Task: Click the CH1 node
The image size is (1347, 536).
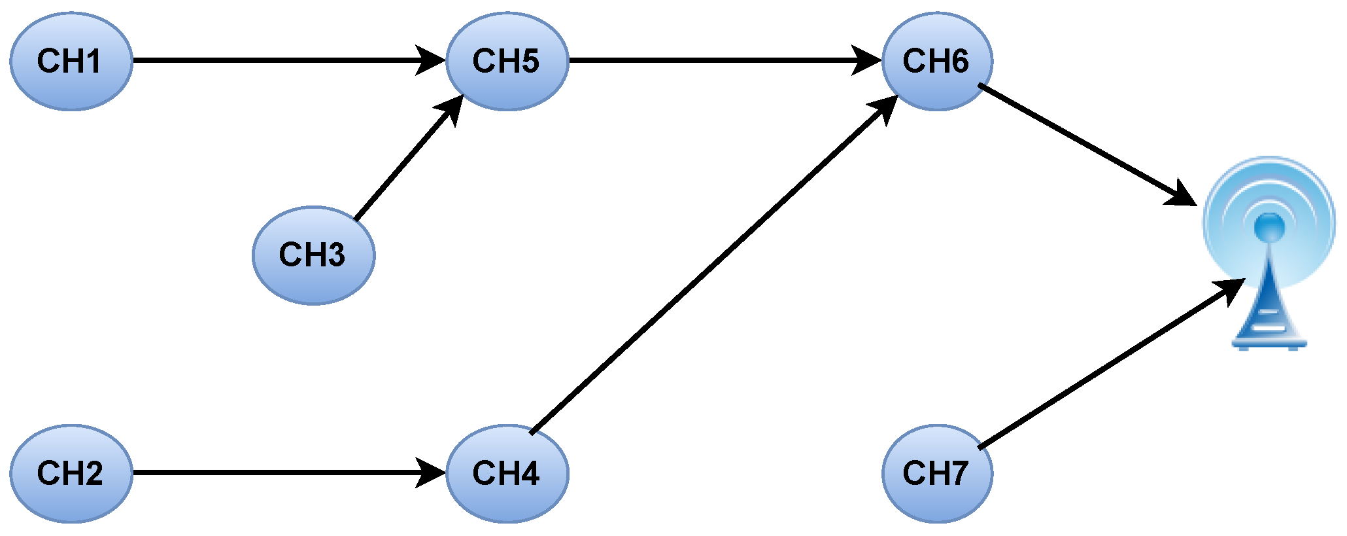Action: (71, 61)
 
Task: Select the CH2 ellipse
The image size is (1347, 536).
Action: (71, 473)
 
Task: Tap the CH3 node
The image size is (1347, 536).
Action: (313, 255)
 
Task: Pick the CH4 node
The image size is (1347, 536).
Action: (507, 473)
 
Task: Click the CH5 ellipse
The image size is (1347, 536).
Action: (507, 61)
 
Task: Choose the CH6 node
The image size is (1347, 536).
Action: (936, 61)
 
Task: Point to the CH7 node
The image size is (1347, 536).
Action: (936, 473)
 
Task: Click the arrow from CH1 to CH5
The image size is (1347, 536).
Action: (275, 60)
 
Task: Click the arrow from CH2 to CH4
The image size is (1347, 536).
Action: (275, 472)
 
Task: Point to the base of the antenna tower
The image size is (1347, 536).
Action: (1269, 342)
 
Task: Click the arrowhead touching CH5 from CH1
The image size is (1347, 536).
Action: (432, 60)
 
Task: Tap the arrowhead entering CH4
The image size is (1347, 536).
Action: (432, 472)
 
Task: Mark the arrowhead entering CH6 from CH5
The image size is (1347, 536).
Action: (867, 60)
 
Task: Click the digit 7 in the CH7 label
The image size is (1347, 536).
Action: (959, 473)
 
